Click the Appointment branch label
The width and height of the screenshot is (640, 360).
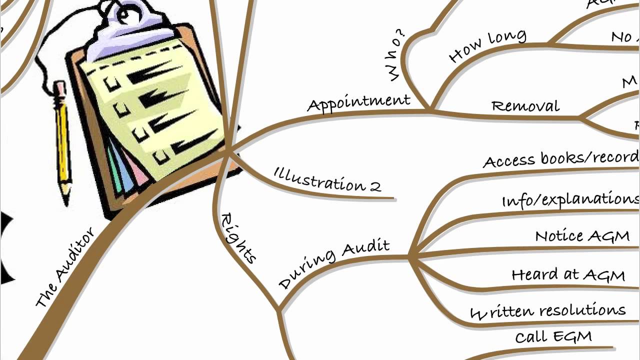(x=358, y=103)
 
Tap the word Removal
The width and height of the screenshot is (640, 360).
(x=525, y=106)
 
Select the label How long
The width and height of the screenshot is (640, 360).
(x=487, y=46)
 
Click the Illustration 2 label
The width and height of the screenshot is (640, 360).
(x=327, y=179)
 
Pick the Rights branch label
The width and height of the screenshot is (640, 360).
(x=238, y=238)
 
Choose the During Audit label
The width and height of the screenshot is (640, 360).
(x=334, y=264)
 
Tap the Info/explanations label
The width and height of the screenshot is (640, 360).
(x=570, y=199)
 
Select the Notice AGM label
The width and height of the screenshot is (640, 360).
(x=582, y=236)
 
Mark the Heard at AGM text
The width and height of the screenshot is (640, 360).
(x=568, y=274)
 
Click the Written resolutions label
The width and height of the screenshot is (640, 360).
(x=547, y=311)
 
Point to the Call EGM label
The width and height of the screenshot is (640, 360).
(x=553, y=336)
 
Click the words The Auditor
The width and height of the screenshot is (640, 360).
(x=65, y=267)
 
